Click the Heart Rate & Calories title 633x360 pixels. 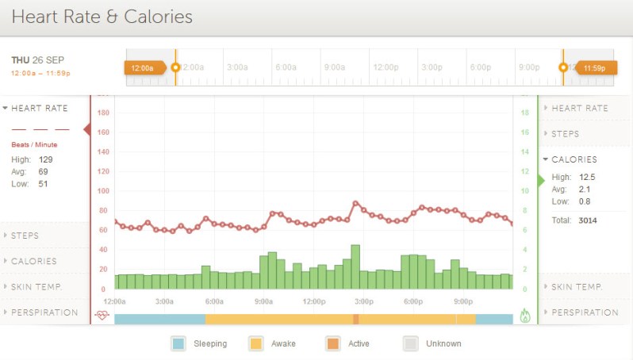[x=102, y=17]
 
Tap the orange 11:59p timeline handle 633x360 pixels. [x=593, y=68]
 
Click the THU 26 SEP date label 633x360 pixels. [x=38, y=60]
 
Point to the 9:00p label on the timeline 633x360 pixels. [x=528, y=67]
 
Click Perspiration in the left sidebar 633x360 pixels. [x=44, y=312]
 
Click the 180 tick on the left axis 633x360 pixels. [x=102, y=113]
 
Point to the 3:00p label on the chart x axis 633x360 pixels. [x=363, y=301]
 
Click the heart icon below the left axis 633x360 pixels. [x=102, y=315]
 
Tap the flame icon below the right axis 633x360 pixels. [x=524, y=315]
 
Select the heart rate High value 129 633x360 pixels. [x=45, y=159]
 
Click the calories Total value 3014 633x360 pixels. [x=588, y=220]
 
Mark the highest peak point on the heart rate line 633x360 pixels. [x=356, y=203]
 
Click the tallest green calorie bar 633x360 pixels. [x=355, y=266]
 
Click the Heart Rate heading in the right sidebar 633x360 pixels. [x=579, y=108]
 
